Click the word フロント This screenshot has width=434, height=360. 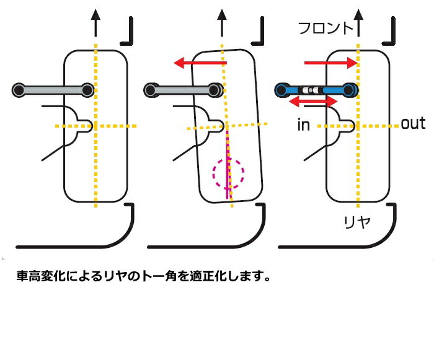coord(325,28)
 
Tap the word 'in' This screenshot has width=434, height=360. coord(303,125)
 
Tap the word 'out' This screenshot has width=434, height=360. coord(413,123)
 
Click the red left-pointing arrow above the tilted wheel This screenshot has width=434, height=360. coord(200,63)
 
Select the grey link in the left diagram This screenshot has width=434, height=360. coord(53,90)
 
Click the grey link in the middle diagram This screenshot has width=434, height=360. coord(184,90)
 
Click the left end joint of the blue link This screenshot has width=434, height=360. coord(280,90)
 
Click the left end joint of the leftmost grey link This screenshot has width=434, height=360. coord(19,90)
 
